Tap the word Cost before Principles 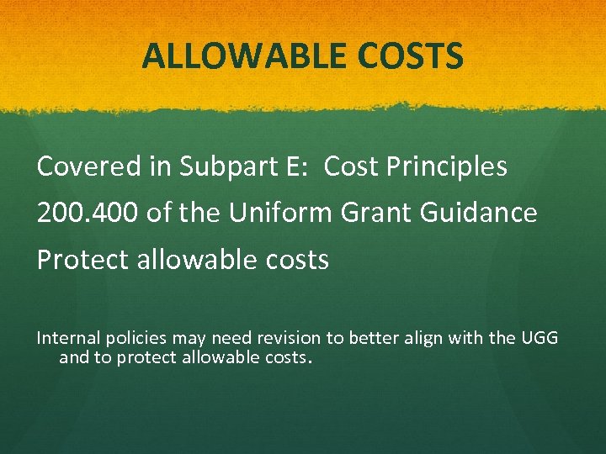351,166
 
